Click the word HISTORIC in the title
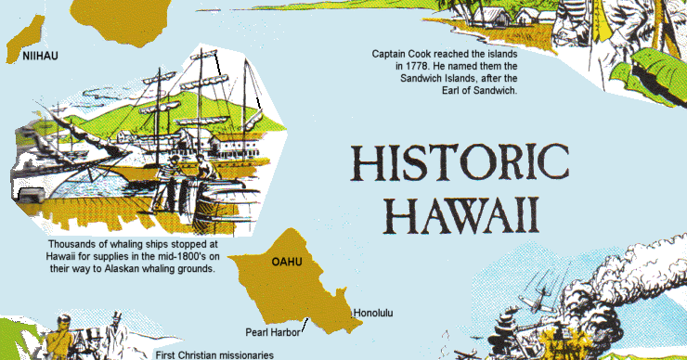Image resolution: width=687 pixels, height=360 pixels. pos(460,164)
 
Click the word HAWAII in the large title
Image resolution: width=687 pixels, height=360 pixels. pos(460,214)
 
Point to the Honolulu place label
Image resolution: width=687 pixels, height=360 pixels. pos(373,314)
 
